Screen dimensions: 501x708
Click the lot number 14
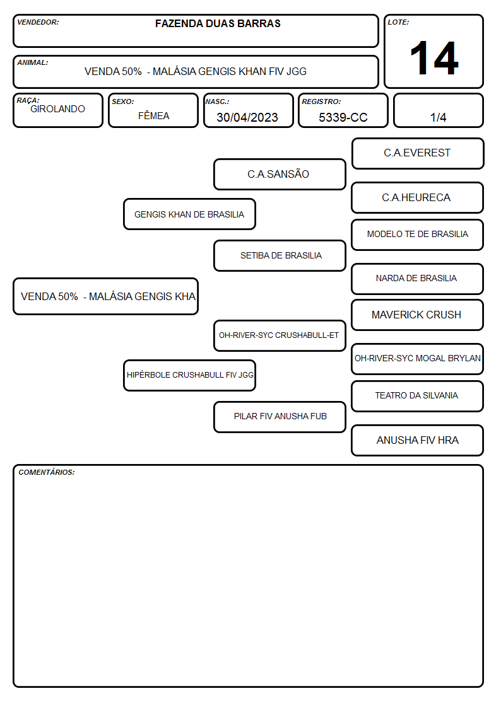434,58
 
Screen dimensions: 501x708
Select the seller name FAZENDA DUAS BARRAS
218,23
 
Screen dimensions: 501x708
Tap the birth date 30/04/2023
247,117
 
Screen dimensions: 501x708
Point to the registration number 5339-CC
343,117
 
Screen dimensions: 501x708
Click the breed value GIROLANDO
57,109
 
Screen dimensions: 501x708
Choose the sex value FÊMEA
153,115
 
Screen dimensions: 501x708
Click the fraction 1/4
438,117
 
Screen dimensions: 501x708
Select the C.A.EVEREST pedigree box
418,154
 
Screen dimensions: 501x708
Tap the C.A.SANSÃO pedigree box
280,174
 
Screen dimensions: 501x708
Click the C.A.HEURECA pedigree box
418,198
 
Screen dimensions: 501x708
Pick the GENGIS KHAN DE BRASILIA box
190,214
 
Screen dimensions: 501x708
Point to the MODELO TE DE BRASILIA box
418,235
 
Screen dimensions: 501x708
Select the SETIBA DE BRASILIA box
280,255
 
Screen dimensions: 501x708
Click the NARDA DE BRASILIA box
418,279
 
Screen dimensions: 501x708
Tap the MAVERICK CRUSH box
418,315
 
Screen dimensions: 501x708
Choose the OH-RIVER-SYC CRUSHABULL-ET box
280,335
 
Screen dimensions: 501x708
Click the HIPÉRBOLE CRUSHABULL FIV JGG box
190,375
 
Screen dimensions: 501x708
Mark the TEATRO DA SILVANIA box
418,396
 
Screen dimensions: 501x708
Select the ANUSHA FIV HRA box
418,440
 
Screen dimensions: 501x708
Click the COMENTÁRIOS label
47,472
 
